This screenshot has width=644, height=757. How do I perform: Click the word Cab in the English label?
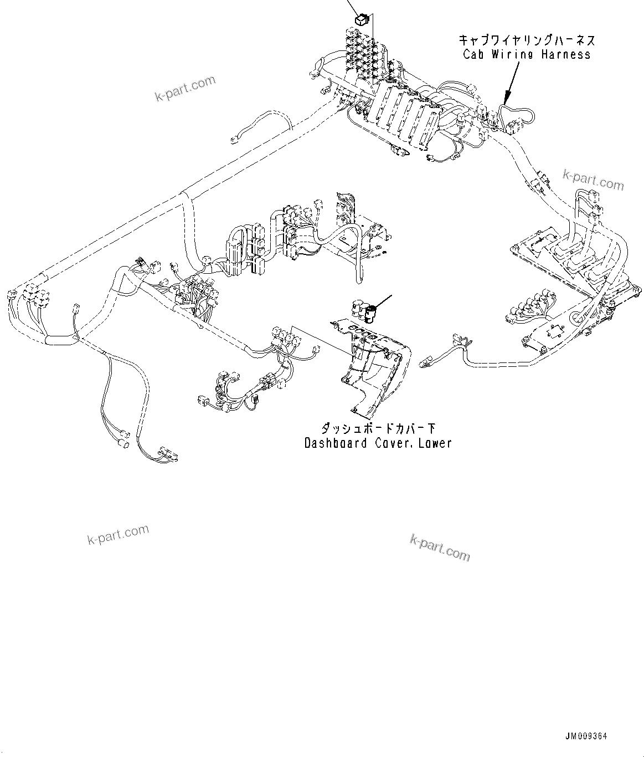point(474,54)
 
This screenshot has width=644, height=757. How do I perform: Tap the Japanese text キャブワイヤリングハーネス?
point(526,40)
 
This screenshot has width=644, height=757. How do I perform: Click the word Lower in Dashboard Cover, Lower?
point(435,443)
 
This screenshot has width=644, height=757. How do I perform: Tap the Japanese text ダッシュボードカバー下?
point(378,428)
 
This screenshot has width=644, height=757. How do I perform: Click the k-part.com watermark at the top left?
point(185,89)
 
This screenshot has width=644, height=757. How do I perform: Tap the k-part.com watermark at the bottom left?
point(119,534)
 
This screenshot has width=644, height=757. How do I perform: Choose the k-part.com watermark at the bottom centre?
point(440,548)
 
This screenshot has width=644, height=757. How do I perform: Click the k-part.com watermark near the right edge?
point(593,180)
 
